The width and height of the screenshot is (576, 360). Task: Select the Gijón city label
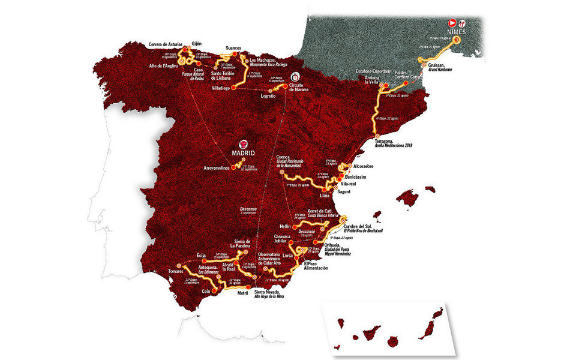click(197, 43)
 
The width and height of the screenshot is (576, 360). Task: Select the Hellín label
click(286, 226)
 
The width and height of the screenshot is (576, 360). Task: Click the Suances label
click(234, 47)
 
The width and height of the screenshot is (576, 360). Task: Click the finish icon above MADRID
click(244, 143)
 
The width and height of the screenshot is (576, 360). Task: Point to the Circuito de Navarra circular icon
click(295, 77)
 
